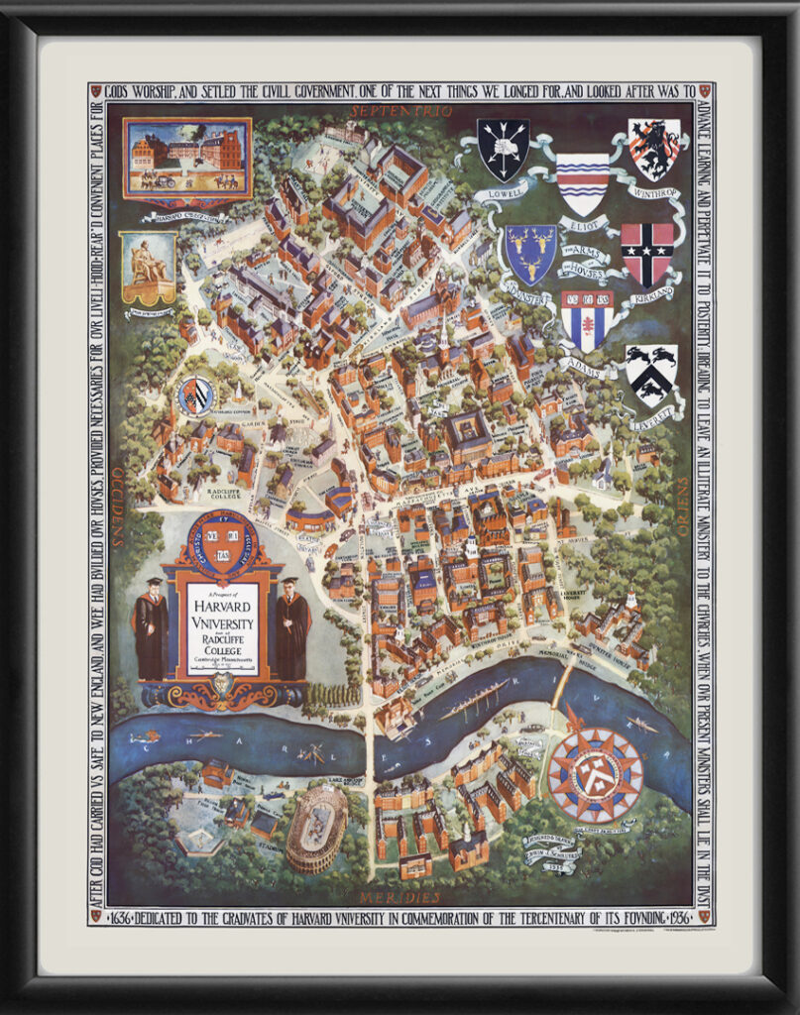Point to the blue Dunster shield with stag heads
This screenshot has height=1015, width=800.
[x=530, y=252]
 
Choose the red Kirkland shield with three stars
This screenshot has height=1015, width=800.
[x=647, y=252]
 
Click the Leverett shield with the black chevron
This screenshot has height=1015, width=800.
[x=651, y=374]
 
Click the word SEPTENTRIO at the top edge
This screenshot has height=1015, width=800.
[x=393, y=110]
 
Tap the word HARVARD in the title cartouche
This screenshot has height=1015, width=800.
[x=223, y=604]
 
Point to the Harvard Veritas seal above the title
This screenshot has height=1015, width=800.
[x=223, y=542]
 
